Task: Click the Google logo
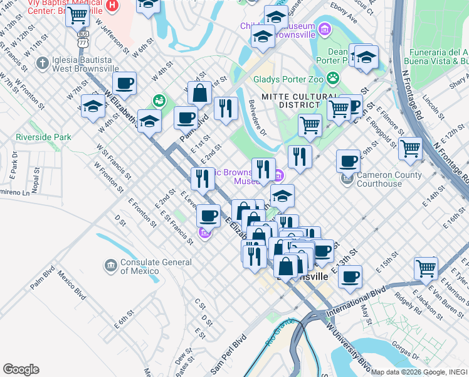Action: coord(21,369)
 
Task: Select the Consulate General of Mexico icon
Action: coord(111,266)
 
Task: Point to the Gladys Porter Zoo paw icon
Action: coord(332,79)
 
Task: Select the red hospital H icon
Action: coord(112,6)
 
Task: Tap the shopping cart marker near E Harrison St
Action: coord(426,268)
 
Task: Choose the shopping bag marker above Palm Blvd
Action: coord(199,94)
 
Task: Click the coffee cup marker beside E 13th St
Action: coord(350,276)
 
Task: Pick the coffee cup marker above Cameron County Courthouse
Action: coord(348,161)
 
